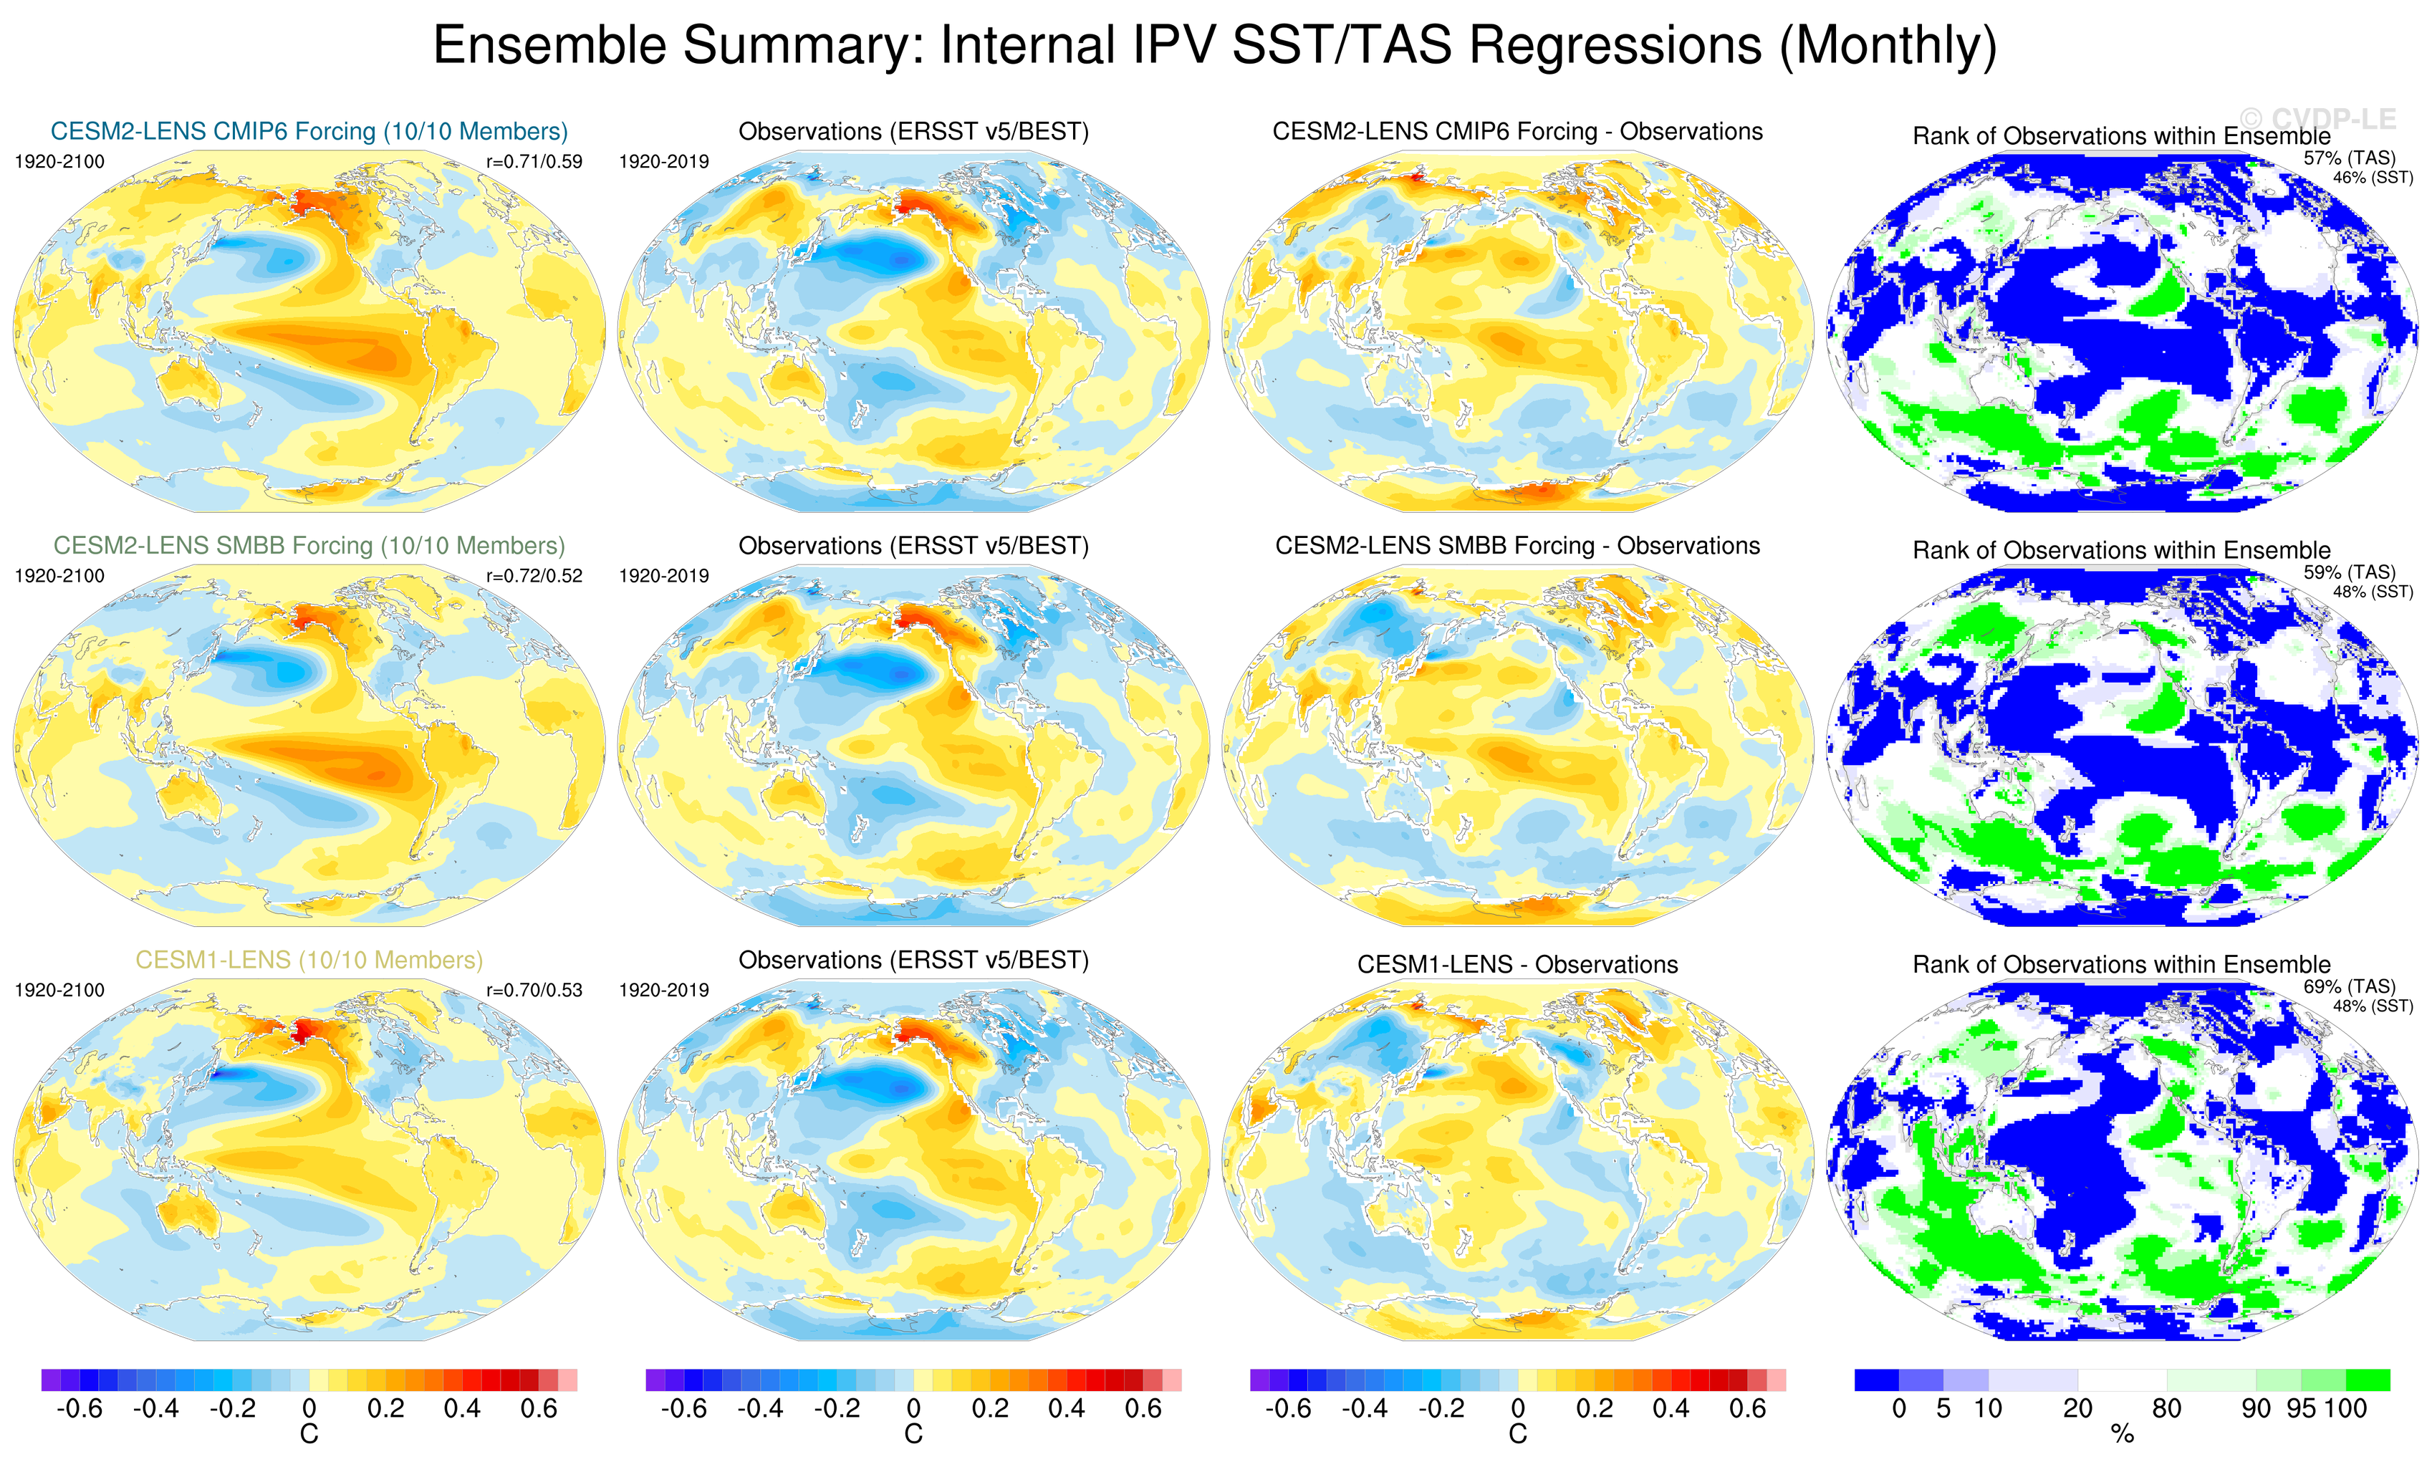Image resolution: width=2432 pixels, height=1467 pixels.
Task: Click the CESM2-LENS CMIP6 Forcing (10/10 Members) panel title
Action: click(309, 131)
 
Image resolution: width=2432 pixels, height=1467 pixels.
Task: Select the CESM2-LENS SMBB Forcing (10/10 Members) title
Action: click(309, 546)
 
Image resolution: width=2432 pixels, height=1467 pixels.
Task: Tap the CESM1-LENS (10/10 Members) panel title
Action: click(309, 960)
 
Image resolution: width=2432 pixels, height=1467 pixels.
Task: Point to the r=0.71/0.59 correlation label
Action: click(534, 162)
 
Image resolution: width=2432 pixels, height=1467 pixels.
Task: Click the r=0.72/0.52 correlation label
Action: click(534, 575)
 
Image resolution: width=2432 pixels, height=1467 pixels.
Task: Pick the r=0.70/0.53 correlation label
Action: click(534, 990)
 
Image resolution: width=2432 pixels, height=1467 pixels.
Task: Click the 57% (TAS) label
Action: click(2349, 158)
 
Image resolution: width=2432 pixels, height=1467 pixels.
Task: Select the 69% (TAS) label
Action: click(2349, 986)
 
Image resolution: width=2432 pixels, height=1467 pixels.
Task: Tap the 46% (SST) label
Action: click(2373, 178)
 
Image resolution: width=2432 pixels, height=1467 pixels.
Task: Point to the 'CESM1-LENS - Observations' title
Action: click(1517, 964)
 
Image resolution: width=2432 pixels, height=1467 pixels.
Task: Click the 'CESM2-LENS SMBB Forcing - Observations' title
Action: click(1517, 546)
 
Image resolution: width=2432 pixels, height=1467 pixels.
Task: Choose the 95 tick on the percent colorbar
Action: click(2299, 1409)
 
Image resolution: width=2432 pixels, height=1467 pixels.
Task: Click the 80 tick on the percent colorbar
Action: click(2166, 1409)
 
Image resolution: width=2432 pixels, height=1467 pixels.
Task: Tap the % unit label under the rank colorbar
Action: click(2122, 1435)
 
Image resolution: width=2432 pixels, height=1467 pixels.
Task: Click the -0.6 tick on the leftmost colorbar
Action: click(79, 1409)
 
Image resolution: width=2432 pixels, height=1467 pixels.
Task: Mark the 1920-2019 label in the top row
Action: click(663, 162)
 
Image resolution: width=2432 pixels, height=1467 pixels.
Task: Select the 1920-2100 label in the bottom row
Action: click(59, 990)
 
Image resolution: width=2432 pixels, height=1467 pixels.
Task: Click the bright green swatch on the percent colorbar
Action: click(2368, 1379)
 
